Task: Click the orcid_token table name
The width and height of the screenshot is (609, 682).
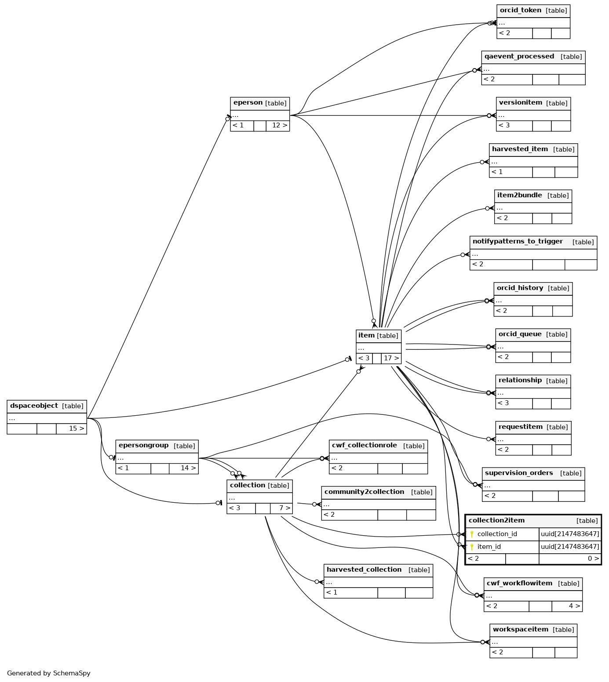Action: pyautogui.click(x=521, y=11)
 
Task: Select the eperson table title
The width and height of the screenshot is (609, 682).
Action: pyautogui.click(x=248, y=103)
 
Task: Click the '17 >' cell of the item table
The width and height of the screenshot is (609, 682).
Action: pyautogui.click(x=391, y=358)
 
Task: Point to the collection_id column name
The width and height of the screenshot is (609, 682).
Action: pyautogui.click(x=497, y=534)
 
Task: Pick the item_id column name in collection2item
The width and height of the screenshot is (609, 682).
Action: pyautogui.click(x=489, y=547)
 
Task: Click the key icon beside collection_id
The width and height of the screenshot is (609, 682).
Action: pyautogui.click(x=472, y=534)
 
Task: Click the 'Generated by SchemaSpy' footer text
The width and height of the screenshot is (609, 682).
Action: pyautogui.click(x=49, y=673)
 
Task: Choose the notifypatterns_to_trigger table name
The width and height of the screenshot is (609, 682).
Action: pyautogui.click(x=518, y=241)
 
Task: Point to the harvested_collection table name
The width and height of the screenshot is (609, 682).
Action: pyautogui.click(x=364, y=570)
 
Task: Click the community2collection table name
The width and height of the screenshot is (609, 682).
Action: pyautogui.click(x=364, y=492)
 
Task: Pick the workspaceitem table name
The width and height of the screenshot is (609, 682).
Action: pyautogui.click(x=520, y=629)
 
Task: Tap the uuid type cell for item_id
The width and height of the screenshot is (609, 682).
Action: pyautogui.click(x=570, y=547)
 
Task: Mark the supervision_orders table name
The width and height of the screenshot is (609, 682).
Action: pyautogui.click(x=519, y=473)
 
